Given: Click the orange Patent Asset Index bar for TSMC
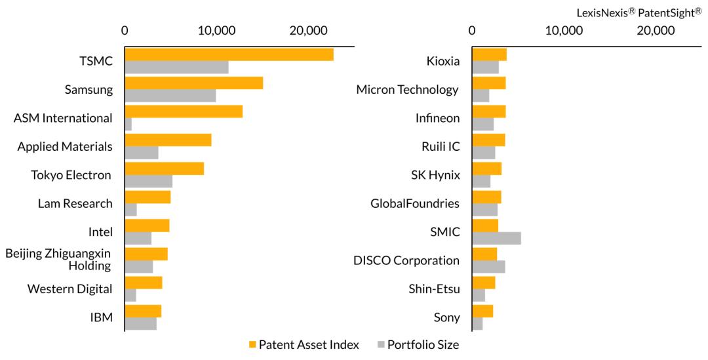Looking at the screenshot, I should (x=229, y=54).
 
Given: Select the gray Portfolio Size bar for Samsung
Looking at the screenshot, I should (x=170, y=96).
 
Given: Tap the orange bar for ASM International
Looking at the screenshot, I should (x=184, y=111).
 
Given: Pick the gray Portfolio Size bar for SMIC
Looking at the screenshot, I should (x=496, y=238).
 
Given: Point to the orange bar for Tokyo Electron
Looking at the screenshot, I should (x=164, y=169).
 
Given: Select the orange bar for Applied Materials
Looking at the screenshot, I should (x=168, y=140).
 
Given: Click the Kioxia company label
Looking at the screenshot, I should (x=442, y=61).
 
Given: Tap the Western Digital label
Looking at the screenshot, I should (x=69, y=289).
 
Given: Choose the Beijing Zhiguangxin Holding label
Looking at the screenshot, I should (x=58, y=260).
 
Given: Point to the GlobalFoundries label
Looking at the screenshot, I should (x=415, y=203).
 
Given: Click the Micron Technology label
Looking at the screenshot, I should (x=407, y=89).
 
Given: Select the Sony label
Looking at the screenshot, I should (x=446, y=317).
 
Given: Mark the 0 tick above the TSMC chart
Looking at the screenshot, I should (x=125, y=30).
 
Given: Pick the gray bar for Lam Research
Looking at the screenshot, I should (x=130, y=210).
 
